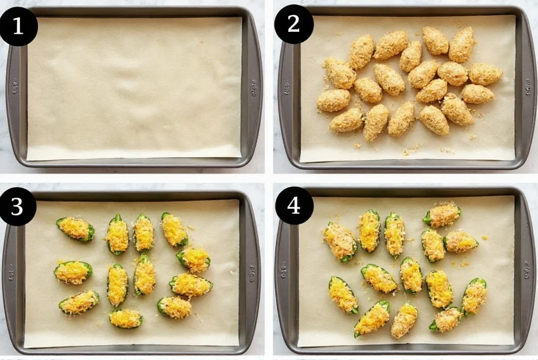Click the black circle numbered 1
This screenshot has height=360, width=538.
[x=19, y=26]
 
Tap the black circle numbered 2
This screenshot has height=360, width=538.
[x=294, y=25]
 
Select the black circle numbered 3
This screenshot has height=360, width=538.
[x=17, y=206]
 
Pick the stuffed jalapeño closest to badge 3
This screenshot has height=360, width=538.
[x=75, y=229]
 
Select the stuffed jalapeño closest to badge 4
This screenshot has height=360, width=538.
[x=340, y=241]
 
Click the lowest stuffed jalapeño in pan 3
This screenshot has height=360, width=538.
[x=125, y=318]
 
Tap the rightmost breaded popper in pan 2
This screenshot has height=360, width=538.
[x=485, y=74]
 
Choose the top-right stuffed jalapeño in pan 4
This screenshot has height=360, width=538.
[x=443, y=214]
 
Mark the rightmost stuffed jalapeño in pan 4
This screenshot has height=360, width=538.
[x=474, y=296]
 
